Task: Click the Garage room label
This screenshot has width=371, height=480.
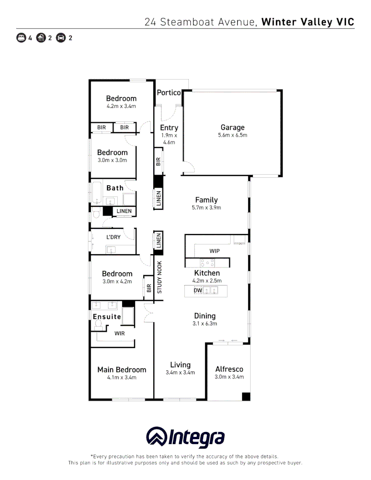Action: tap(232, 128)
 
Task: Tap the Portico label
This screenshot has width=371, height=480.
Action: tap(169, 92)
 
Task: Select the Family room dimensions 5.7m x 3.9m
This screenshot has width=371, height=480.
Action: tap(206, 208)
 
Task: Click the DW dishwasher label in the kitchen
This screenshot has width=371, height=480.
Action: tap(198, 291)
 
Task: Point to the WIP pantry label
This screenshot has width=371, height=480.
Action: tap(215, 251)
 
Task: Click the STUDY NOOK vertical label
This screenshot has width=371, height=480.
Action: tap(160, 277)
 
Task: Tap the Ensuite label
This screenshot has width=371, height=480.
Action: tap(107, 316)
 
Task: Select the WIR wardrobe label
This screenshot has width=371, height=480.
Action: tap(120, 333)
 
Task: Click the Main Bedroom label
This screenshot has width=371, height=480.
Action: tap(121, 370)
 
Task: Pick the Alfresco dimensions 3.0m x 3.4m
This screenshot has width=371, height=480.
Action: tap(229, 377)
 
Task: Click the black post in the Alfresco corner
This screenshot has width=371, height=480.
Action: tap(246, 396)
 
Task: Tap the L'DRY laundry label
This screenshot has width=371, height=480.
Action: tap(113, 237)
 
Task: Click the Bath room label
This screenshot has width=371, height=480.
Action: tap(115, 188)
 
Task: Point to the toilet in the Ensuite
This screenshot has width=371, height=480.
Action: tap(98, 325)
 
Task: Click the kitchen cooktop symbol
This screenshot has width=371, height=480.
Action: tap(207, 263)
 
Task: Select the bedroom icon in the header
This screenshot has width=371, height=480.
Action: tap(21, 38)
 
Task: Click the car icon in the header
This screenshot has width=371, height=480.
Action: tap(61, 38)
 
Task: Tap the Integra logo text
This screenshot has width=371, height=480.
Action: tap(196, 438)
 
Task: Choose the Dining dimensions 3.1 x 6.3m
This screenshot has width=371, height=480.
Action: tap(205, 324)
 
